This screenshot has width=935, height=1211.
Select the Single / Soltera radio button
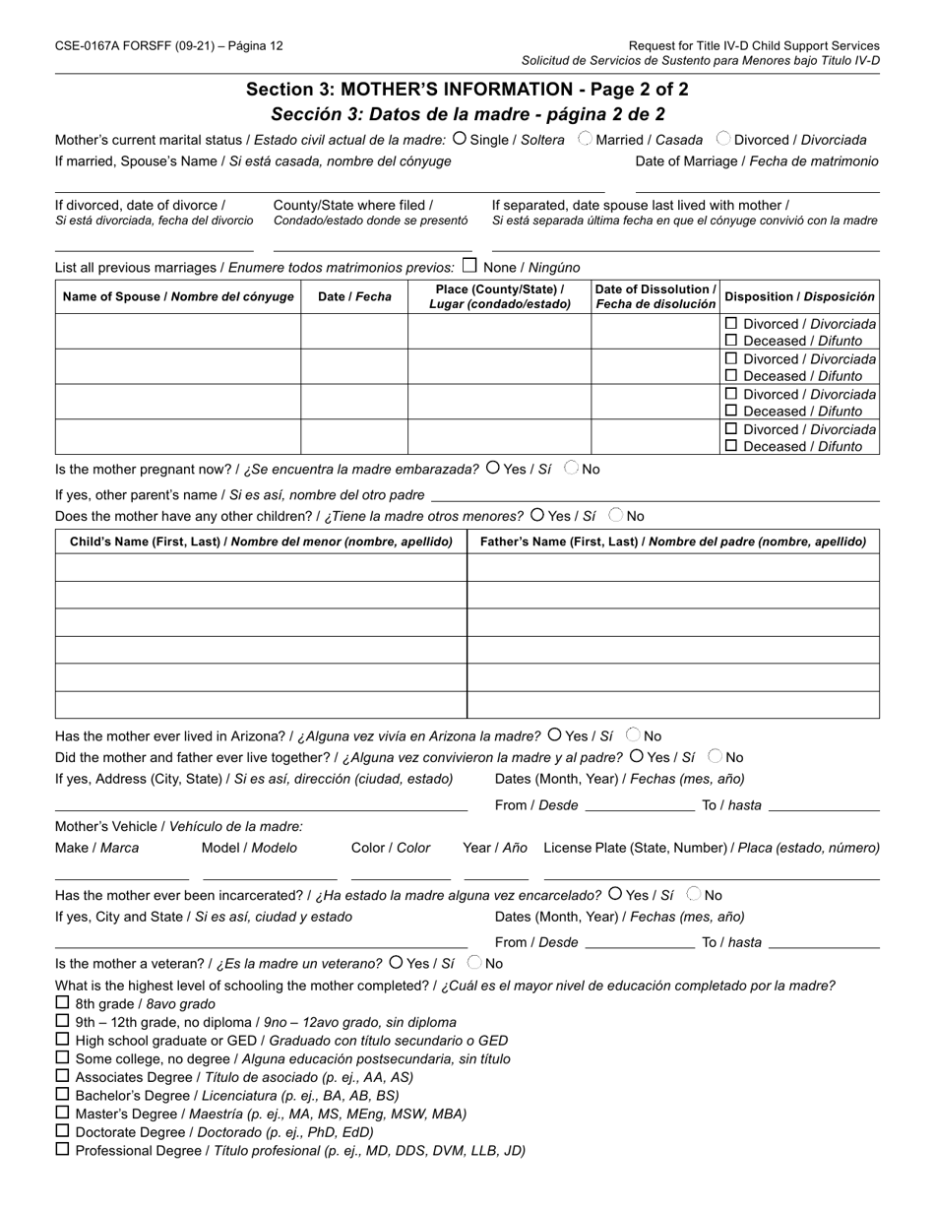coord(460,139)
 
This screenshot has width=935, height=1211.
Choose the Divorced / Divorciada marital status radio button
coord(723,139)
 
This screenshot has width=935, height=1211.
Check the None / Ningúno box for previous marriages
coord(469,266)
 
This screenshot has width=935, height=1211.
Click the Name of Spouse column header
coord(178,296)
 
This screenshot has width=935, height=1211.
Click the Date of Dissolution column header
coord(655,296)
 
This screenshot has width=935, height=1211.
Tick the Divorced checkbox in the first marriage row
coord(731,323)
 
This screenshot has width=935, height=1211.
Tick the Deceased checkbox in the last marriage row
coord(731,445)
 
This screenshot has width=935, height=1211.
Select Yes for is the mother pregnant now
coord(493,469)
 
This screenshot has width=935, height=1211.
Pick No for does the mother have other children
coord(616,515)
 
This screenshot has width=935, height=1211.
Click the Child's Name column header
coord(261,542)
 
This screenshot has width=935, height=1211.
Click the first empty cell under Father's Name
coord(672,567)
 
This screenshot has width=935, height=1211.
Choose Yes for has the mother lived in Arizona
coord(555,734)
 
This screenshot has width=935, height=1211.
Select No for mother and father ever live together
coord(716,757)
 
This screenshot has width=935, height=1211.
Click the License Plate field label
coord(711,848)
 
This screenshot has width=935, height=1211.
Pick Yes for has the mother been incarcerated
coord(615,894)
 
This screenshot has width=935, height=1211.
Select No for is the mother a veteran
coord(474,963)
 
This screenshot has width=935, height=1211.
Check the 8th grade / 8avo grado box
coord(63,1003)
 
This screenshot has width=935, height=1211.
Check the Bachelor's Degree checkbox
coord(63,1094)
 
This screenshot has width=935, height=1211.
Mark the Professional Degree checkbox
coord(63,1149)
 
